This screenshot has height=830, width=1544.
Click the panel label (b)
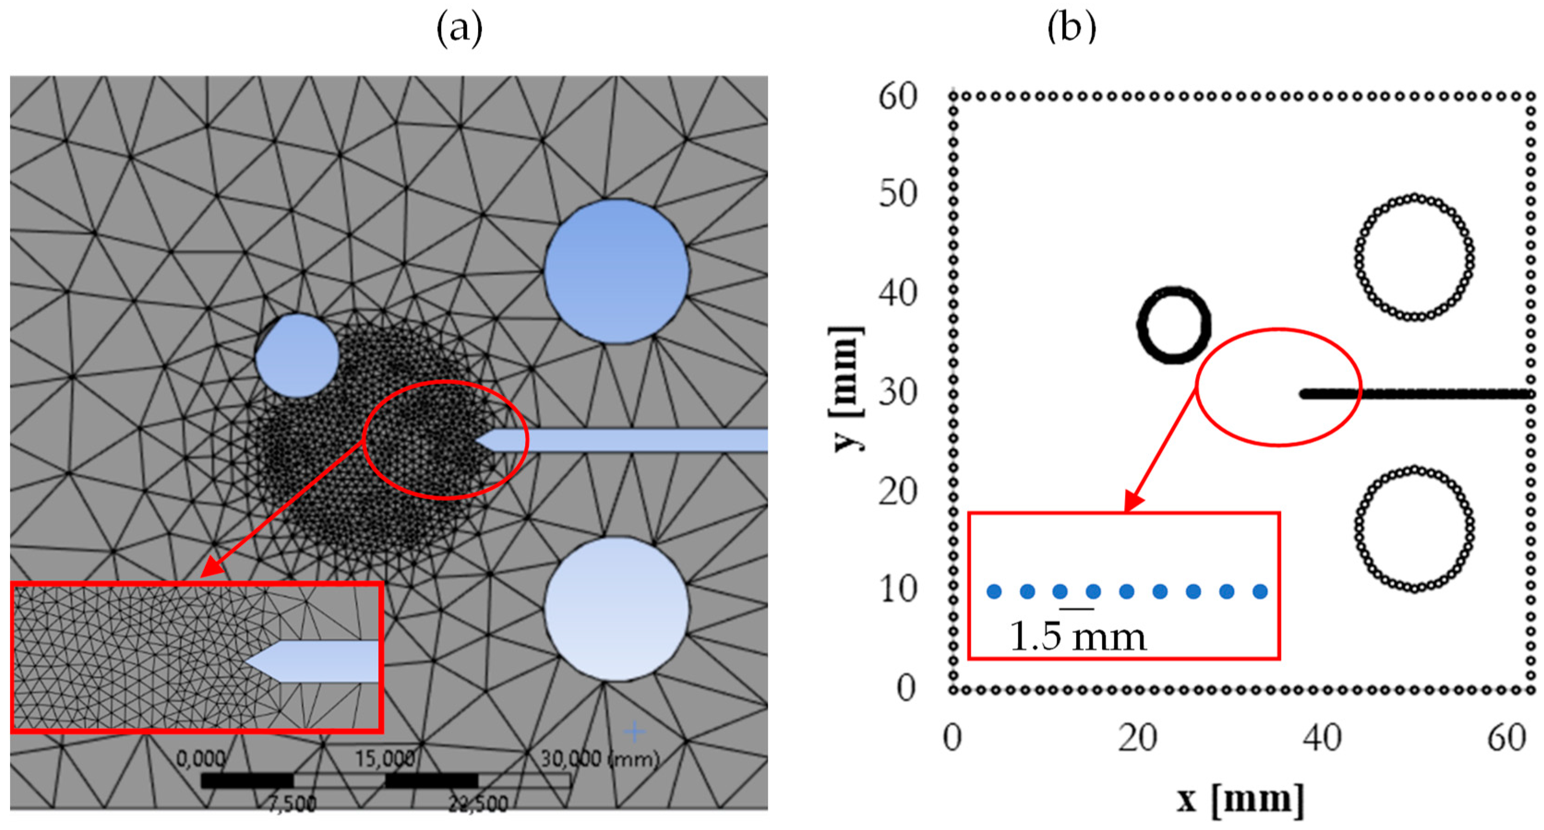tap(1071, 26)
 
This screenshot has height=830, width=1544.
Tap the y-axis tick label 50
tap(898, 194)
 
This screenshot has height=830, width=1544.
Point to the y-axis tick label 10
tap(898, 589)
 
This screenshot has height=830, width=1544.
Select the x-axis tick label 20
tap(1137, 738)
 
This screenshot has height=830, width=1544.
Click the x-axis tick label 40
tap(1322, 738)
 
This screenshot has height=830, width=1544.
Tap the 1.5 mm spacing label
tap(1077, 636)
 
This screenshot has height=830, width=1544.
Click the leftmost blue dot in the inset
tap(994, 592)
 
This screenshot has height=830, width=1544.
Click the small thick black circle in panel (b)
tap(1173, 325)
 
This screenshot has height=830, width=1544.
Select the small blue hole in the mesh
tap(297, 356)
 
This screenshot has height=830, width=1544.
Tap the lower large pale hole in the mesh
tap(616, 608)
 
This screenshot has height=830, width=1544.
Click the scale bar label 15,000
tap(385, 759)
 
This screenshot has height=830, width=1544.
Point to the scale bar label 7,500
tap(292, 804)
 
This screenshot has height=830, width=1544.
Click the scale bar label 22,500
tap(478, 804)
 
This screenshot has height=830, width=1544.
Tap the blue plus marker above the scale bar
tap(634, 731)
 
